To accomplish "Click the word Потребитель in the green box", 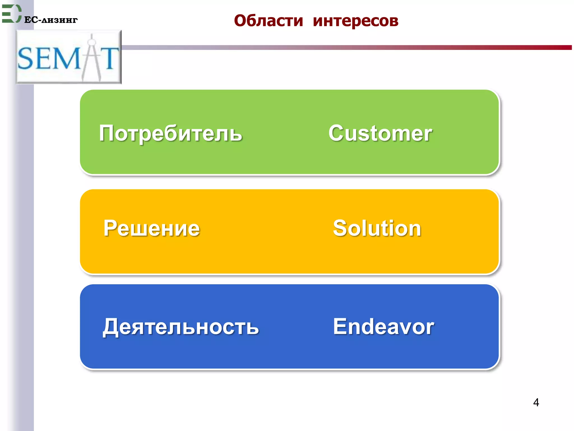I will coord(170,133).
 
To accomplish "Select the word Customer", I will coord(380,133).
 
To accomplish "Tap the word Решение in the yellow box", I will coord(152,228).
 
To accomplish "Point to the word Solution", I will coord(377,228).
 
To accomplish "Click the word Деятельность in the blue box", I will coord(181,327).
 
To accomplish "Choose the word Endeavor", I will coord(383,327).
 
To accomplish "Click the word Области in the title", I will coord(269,21).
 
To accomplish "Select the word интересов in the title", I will coord(355,21).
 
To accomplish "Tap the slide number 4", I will coord(536,402).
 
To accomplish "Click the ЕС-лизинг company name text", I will coord(51,20).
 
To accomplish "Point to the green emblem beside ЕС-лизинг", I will coord(11,13).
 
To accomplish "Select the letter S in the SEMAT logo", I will coord(26,58).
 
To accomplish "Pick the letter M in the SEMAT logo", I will coord(68,58).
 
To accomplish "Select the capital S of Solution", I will coord(341,228).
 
